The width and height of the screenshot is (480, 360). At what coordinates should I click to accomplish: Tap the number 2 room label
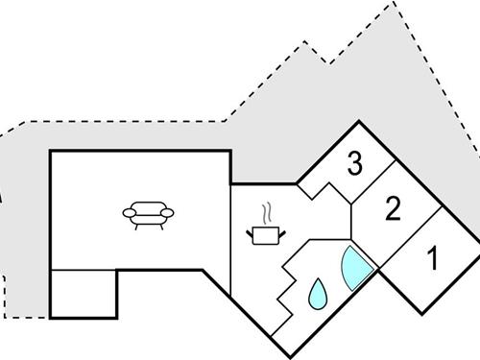point(392,209)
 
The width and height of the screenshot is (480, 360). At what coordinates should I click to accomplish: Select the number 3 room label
point(355,164)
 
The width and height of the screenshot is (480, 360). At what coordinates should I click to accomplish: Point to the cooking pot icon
point(266,233)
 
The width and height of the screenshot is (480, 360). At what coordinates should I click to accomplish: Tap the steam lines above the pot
point(270,211)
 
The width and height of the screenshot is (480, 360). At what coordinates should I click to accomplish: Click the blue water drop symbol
point(317,294)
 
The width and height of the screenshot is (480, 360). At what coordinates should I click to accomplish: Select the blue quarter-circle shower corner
point(354,266)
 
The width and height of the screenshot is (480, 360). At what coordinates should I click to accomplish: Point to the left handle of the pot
point(252,229)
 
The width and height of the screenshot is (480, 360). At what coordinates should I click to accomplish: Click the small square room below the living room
point(83,293)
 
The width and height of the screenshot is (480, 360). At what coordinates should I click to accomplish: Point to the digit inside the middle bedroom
point(392,209)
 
